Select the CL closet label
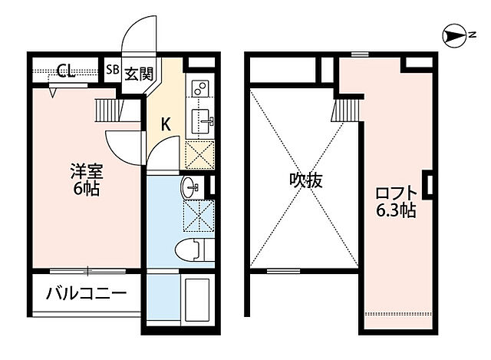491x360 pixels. [65, 71]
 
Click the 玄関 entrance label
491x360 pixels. [139, 74]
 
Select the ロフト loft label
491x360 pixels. [396, 193]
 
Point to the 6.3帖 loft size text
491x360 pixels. [396, 210]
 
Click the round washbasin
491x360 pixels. [189, 187]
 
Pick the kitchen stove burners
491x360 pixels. [201, 91]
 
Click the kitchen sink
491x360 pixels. [203, 119]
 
